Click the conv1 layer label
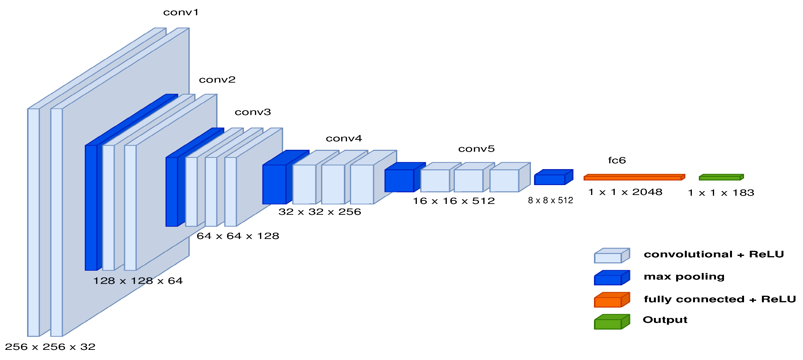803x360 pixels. pos(181,13)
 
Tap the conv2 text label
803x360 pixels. pos(217,80)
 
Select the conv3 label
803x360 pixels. pos(253,112)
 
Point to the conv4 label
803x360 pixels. pos(344,138)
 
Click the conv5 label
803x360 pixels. pos(476,149)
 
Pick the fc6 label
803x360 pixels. pos(617,160)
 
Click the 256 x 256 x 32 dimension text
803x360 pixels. pos(50,347)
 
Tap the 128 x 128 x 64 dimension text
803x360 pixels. pos(138,281)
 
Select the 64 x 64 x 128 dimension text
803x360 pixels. pos(238,236)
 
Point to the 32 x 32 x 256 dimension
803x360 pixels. pos(319,212)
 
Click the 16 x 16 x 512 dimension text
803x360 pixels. pos(454,201)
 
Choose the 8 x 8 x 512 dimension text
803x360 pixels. pos(550,200)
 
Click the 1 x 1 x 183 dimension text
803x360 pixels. pos(721,193)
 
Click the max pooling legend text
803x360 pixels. pos(684,277)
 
